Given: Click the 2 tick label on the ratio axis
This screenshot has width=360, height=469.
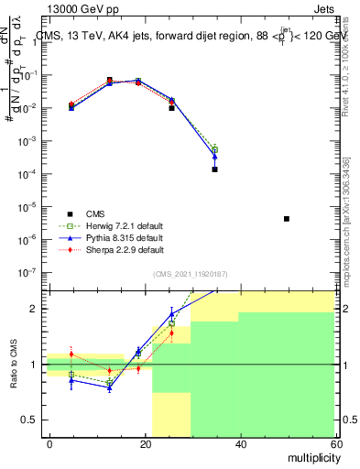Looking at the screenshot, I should (34, 309).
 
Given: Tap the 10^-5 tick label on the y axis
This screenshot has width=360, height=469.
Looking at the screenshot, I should (27, 207).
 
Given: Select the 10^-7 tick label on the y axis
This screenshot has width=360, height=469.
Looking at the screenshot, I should (27, 272).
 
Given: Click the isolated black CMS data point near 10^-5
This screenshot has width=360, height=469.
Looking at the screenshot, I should (287, 219).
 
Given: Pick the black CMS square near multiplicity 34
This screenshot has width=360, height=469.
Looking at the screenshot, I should (214, 169).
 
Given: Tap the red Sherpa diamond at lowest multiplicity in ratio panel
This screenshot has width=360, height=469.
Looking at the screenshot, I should (71, 354).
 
